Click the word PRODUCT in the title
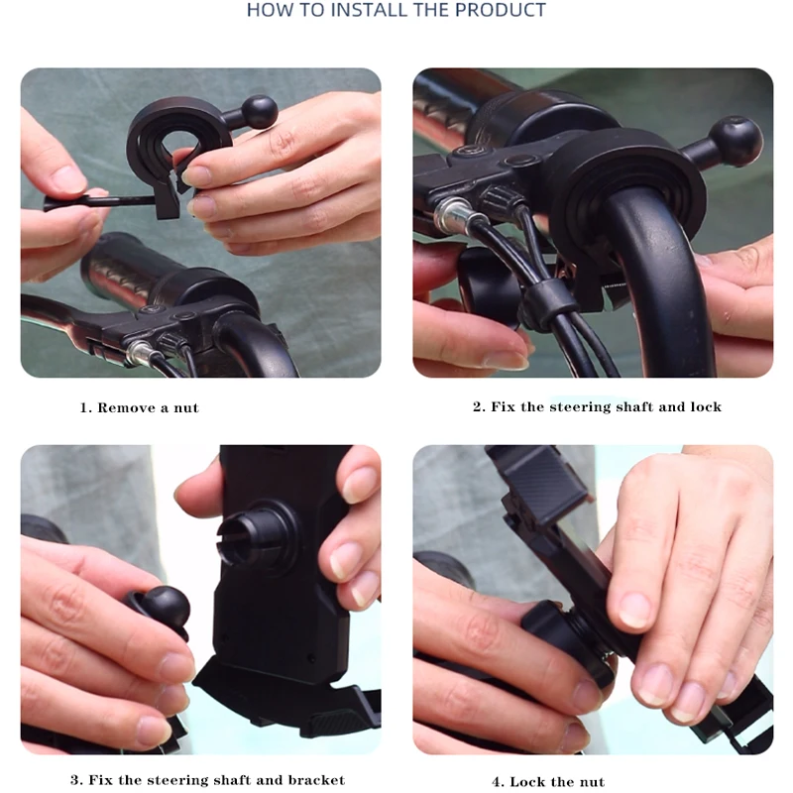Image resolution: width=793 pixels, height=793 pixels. pos(501,10)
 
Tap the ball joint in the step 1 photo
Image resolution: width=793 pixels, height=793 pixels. pos(260,111)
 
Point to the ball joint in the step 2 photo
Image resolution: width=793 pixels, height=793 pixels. pos(736,141)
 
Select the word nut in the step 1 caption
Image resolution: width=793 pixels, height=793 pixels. pos(186,408)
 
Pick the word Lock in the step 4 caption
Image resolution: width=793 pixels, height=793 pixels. pos(527,782)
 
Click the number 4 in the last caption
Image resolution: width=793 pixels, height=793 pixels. pos(498,782)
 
